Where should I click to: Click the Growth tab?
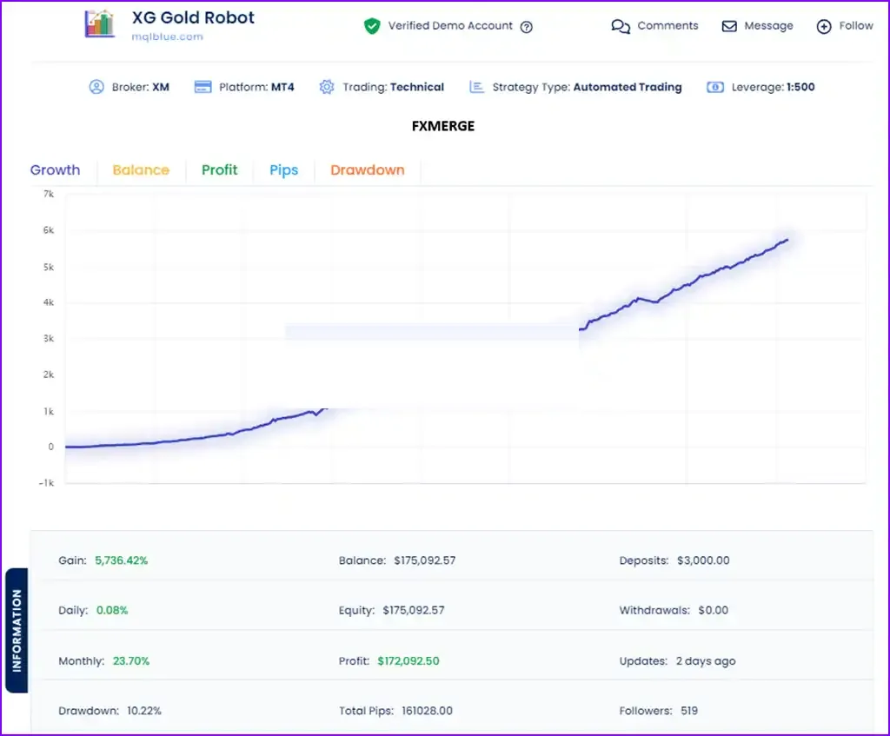(55, 169)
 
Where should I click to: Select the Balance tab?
(141, 169)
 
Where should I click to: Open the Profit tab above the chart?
(220, 169)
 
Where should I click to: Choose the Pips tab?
(284, 170)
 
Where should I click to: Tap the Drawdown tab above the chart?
(368, 169)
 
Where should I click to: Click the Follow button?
(845, 26)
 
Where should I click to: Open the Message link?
(757, 26)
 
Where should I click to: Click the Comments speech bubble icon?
(621, 27)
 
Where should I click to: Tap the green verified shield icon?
(372, 26)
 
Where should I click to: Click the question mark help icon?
(527, 27)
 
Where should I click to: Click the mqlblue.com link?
(168, 36)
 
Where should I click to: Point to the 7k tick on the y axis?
(49, 194)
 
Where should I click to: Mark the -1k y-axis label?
(47, 483)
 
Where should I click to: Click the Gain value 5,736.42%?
(122, 560)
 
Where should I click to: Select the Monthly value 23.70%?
(131, 661)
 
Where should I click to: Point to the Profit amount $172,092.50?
(408, 661)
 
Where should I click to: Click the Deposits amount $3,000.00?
(703, 560)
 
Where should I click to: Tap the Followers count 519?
(689, 711)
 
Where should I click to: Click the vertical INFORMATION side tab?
(17, 631)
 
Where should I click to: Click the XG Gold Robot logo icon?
(99, 23)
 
